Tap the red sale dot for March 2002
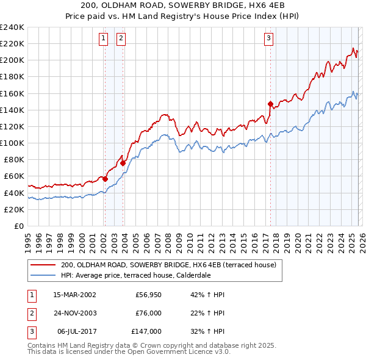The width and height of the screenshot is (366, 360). pyautogui.click(x=105, y=179)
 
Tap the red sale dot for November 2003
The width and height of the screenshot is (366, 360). pyautogui.click(x=123, y=163)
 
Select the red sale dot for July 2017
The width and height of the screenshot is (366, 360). pyautogui.click(x=270, y=104)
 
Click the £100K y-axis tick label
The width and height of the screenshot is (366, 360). pyautogui.click(x=12, y=143)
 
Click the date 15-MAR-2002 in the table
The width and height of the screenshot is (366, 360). pyautogui.click(x=74, y=295)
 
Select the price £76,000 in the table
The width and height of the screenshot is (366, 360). pyautogui.click(x=148, y=313)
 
